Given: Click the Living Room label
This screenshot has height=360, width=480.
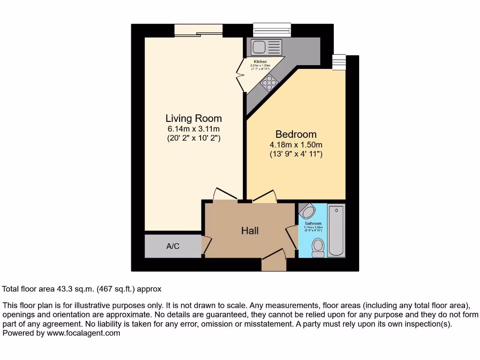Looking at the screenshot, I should coord(194,119).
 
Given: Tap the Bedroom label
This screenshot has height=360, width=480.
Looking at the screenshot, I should coord(296,135).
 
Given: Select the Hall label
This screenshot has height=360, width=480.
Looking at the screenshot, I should coord(250,230).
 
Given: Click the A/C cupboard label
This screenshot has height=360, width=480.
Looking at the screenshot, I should coord(173,246).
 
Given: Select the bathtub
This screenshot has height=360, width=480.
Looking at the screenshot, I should coord(336,230).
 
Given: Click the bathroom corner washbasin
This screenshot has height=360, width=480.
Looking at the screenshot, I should coord(307,211).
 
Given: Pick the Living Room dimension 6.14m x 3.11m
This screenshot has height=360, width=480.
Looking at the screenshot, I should coord(194,129).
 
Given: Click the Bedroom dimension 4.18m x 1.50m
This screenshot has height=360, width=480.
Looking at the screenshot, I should coord(296,144).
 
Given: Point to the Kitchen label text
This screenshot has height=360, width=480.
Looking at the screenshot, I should coord(260,62).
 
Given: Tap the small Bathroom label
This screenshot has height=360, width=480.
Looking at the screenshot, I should coord(312,224).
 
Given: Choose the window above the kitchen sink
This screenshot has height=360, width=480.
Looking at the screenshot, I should coord(272,30).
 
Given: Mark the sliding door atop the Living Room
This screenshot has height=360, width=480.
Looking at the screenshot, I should coord(199,30).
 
